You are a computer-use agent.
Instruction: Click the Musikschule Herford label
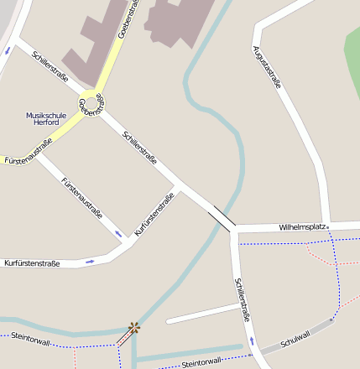(42, 118)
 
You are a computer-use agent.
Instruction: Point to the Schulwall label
(296, 337)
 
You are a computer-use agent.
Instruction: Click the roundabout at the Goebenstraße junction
(91, 105)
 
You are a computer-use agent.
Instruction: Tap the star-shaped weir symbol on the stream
(133, 327)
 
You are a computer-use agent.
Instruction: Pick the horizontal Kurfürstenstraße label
(32, 263)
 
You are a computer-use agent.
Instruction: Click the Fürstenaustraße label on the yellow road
(28, 150)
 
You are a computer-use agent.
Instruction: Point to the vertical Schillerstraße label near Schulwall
(243, 299)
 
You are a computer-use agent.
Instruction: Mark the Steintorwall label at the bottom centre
(201, 361)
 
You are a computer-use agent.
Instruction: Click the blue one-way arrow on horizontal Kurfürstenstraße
(90, 260)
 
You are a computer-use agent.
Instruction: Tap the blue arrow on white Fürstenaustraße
(118, 232)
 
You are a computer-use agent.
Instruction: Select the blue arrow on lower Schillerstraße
(250, 341)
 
